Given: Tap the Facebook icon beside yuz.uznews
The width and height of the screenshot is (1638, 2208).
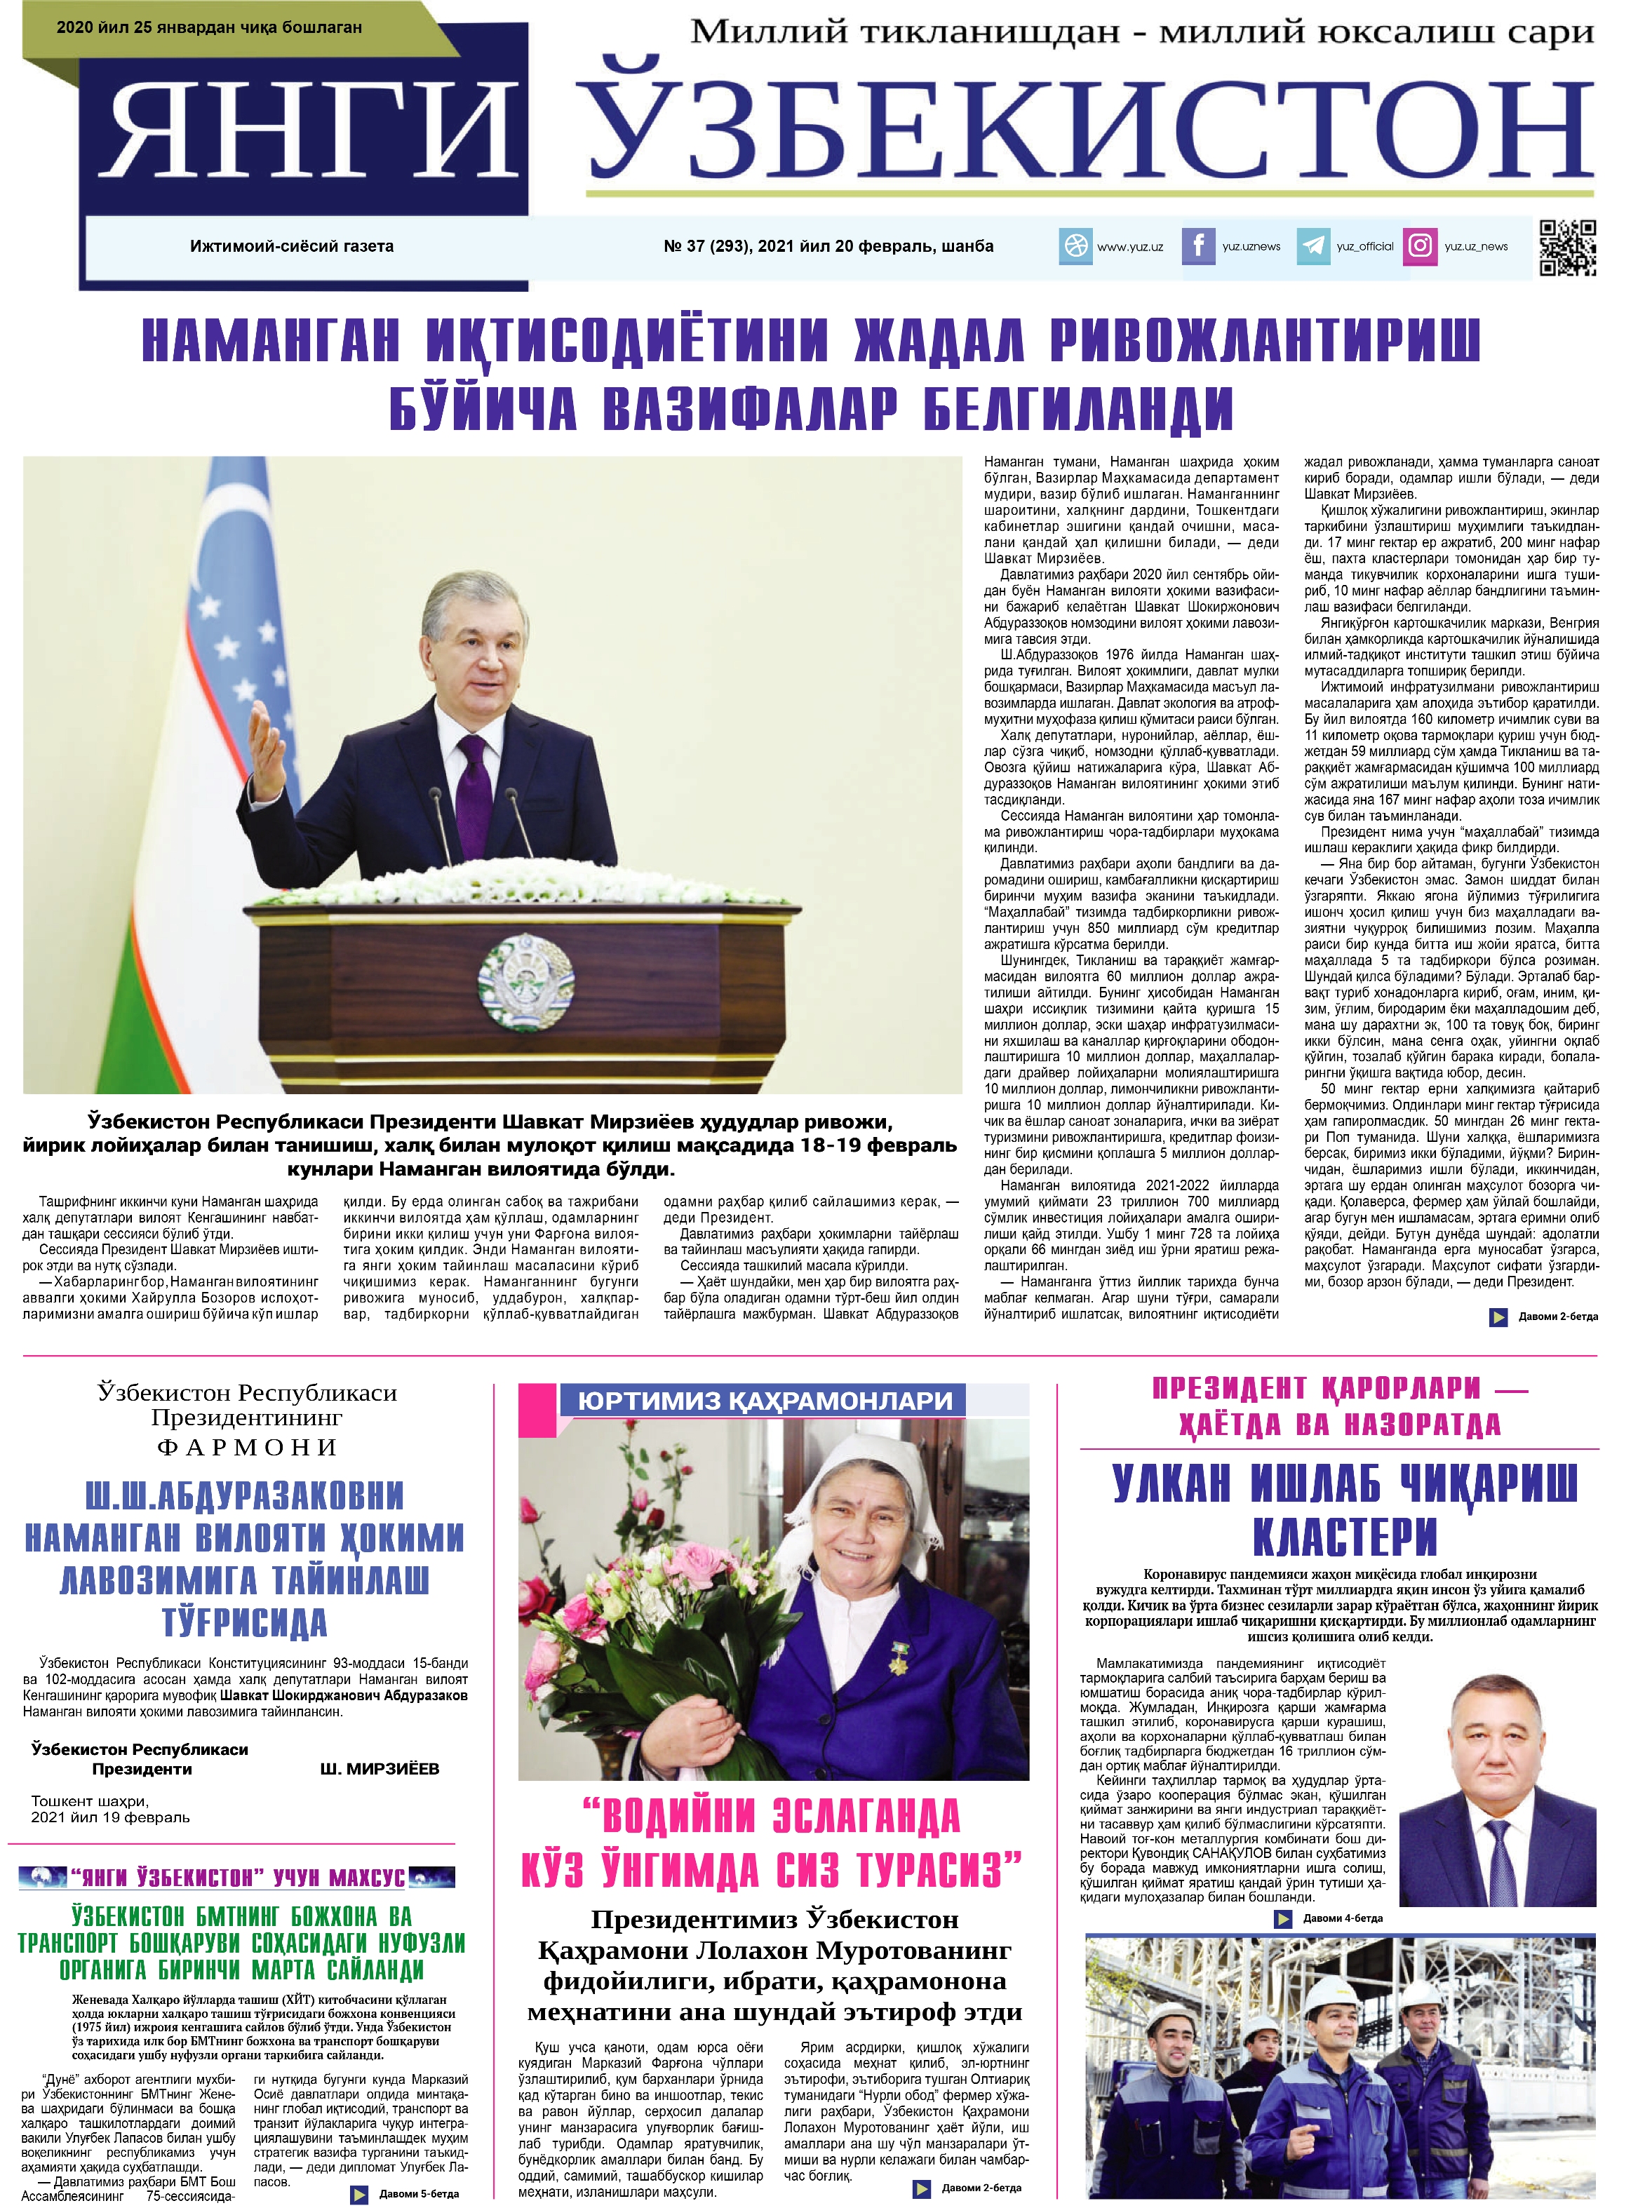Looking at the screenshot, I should pos(1197,246).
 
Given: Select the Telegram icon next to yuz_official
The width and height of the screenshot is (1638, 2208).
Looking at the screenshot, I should pos(1313,246).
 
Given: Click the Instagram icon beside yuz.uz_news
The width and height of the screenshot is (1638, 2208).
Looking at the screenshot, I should pos(1420,246).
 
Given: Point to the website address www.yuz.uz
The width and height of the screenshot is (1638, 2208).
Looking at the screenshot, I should pos(1129,247).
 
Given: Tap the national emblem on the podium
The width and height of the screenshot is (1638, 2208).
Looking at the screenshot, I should pos(525,981).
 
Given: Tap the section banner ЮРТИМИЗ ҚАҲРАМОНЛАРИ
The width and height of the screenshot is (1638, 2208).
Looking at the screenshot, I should pos(765,1400).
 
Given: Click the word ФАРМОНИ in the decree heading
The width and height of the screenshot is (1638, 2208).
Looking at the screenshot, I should pos(247,1448).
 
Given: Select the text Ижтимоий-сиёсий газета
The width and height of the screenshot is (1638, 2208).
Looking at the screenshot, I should pos(292,246).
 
